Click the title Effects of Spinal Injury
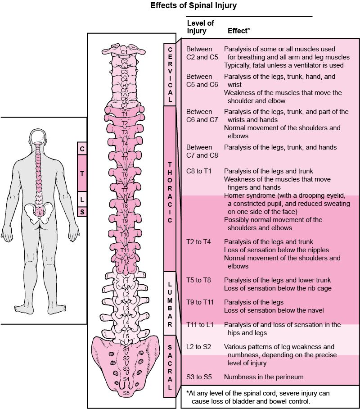193,6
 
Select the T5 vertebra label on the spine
125,159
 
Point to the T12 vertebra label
125,262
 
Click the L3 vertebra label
126,309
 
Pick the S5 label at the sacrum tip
126,393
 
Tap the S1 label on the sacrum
126,350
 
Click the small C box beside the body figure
82,149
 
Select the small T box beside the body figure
82,173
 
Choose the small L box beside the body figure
82,198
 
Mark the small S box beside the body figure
82,211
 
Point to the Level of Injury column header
200,27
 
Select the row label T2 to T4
198,242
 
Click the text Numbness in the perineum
264,377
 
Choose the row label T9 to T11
200,302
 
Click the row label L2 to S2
199,347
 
